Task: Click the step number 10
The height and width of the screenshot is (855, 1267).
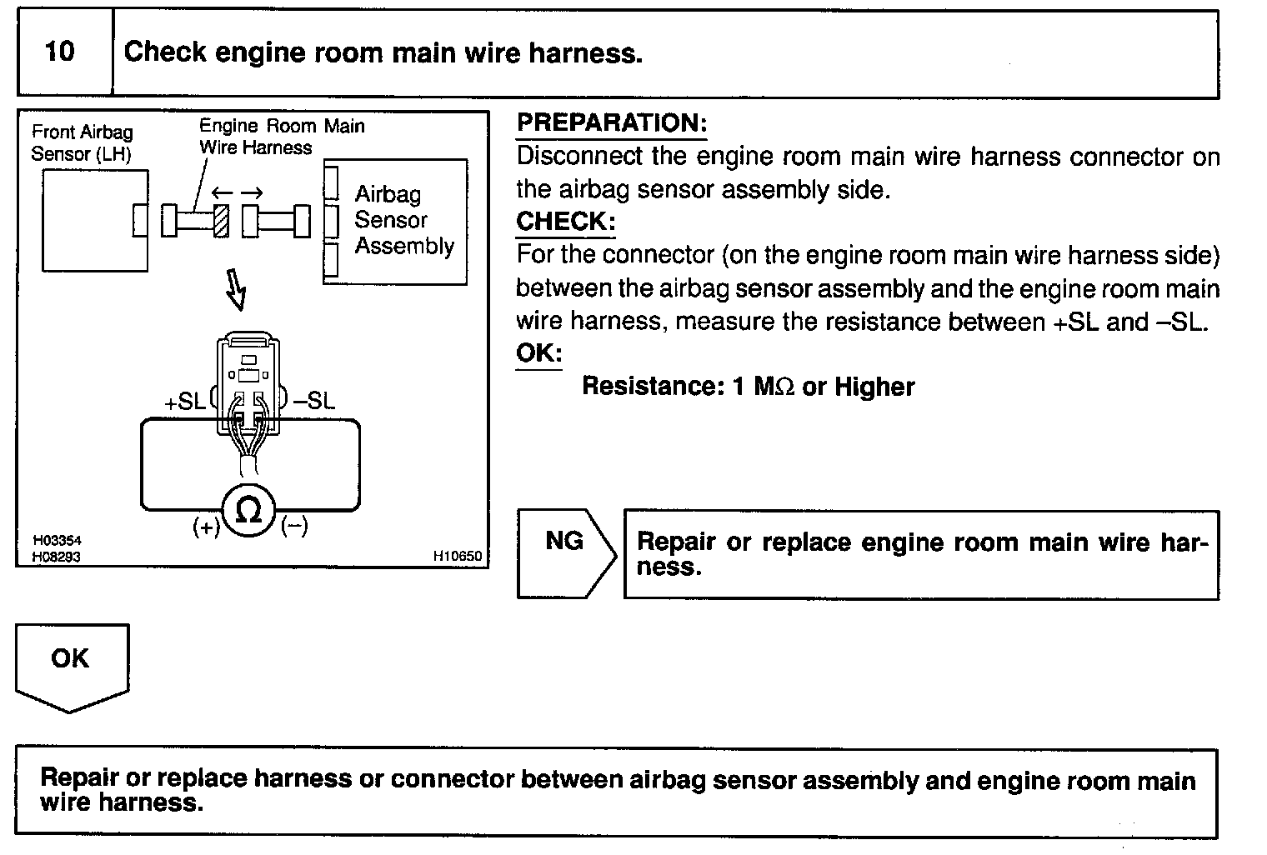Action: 59,52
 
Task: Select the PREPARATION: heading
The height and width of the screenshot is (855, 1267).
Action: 611,122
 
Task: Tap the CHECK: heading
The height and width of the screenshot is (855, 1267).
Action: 565,222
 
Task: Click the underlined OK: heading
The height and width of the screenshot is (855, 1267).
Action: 538,352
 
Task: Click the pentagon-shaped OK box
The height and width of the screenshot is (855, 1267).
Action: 71,663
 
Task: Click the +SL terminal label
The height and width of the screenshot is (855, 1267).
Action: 184,402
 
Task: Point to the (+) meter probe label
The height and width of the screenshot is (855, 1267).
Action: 206,527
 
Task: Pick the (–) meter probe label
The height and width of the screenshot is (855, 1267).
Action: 294,526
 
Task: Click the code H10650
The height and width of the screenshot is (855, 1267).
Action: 457,556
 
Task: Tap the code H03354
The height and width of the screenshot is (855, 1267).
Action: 57,541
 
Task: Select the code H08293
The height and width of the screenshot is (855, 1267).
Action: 57,557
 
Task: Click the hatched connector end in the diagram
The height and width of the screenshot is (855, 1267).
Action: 221,221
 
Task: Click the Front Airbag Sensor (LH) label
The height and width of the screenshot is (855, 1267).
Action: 82,142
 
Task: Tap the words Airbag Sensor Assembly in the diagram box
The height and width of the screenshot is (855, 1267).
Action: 403,220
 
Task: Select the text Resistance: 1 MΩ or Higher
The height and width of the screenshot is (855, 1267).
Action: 748,387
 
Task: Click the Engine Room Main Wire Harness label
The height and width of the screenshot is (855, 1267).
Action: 281,137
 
